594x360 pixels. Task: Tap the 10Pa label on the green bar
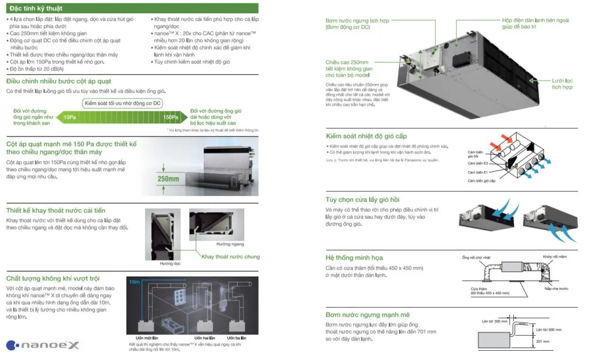pyautogui.click(x=70, y=117)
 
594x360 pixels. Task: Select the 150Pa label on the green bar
pyautogui.click(x=171, y=117)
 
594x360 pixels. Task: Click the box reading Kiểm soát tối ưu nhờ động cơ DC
pyautogui.click(x=122, y=103)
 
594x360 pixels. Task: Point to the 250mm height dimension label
pyautogui.click(x=169, y=179)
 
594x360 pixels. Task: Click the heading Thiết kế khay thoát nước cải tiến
pyautogui.click(x=56, y=210)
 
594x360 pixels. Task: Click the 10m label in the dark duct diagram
pyautogui.click(x=135, y=282)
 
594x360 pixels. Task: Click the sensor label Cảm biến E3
pyautogui.click(x=478, y=163)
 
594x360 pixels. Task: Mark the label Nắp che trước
pyautogui.click(x=555, y=288)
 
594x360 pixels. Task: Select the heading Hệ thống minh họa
pyautogui.click(x=354, y=257)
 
